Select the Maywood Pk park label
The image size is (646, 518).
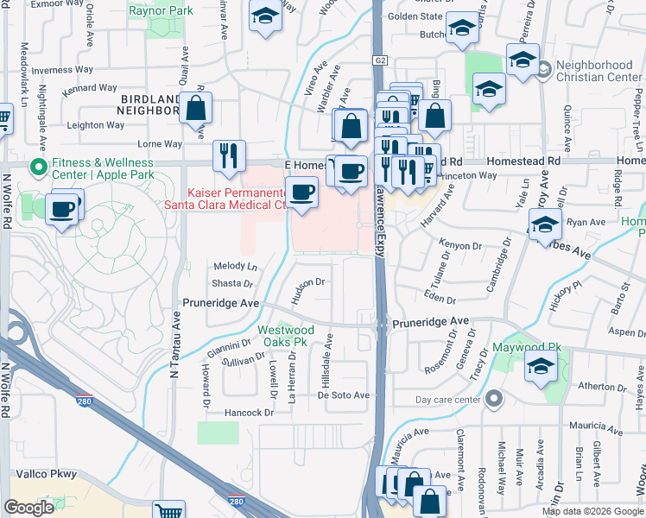(x=540, y=348)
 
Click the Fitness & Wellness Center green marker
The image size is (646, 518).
(x=37, y=165)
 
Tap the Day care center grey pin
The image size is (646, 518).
(x=493, y=398)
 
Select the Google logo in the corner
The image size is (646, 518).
(x=28, y=508)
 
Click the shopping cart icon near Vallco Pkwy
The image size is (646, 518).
(x=168, y=512)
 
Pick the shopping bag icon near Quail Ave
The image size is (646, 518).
(x=196, y=109)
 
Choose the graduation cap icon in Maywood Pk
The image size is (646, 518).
(x=541, y=370)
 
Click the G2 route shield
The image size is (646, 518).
(x=379, y=60)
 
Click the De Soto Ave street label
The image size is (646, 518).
(x=343, y=395)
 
